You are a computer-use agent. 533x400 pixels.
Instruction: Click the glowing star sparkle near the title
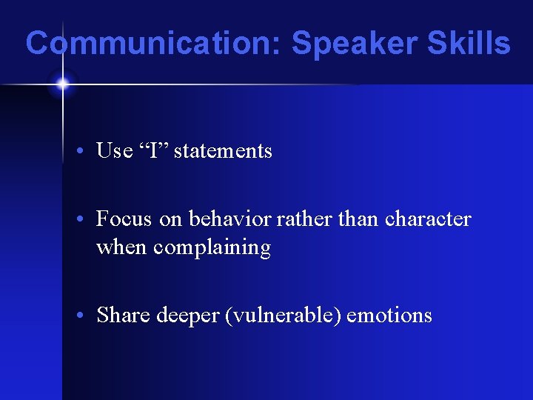[x=62, y=84]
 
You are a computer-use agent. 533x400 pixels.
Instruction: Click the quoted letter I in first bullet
[x=152, y=151]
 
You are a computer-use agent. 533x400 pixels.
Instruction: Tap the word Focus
[x=124, y=219]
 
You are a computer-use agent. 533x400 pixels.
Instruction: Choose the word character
[x=428, y=219]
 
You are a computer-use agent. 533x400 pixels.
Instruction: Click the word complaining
[x=212, y=247]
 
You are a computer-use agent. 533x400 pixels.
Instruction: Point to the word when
[x=121, y=247]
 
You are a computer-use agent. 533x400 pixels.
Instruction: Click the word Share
[x=123, y=316]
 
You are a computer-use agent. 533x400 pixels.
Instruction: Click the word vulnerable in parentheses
[x=284, y=316]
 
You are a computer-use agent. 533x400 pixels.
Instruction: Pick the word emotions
[x=389, y=316]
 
